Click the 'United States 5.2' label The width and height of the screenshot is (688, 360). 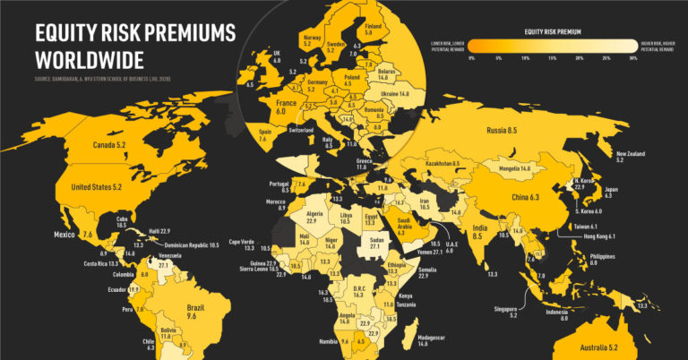coord(100,187)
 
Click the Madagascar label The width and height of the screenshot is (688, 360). coord(436,340)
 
